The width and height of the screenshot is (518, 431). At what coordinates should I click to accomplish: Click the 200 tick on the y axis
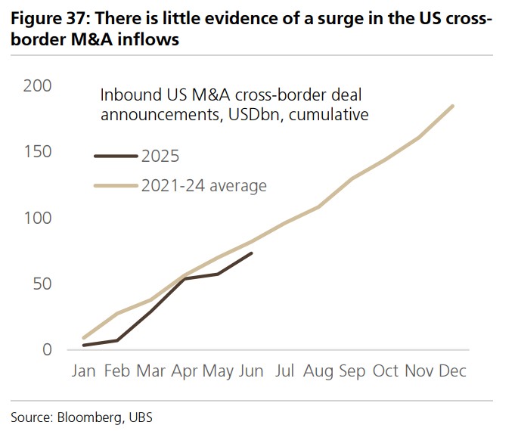[38, 86]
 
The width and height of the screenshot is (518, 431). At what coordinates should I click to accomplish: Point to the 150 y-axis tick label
[38, 152]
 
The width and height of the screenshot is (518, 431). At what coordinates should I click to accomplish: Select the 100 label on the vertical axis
[38, 218]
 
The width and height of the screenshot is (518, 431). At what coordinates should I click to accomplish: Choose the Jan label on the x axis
[84, 371]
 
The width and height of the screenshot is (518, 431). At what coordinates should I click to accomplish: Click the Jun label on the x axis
[252, 371]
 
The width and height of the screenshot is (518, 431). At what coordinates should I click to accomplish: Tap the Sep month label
[352, 371]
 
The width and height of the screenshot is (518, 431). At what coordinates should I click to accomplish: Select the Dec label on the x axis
[451, 371]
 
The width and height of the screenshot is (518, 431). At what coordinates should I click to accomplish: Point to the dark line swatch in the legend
[116, 157]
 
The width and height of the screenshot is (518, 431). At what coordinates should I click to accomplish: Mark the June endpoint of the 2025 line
[252, 253]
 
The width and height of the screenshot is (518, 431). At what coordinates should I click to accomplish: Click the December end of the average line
[453, 106]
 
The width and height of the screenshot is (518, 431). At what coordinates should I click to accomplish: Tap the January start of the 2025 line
[84, 345]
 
